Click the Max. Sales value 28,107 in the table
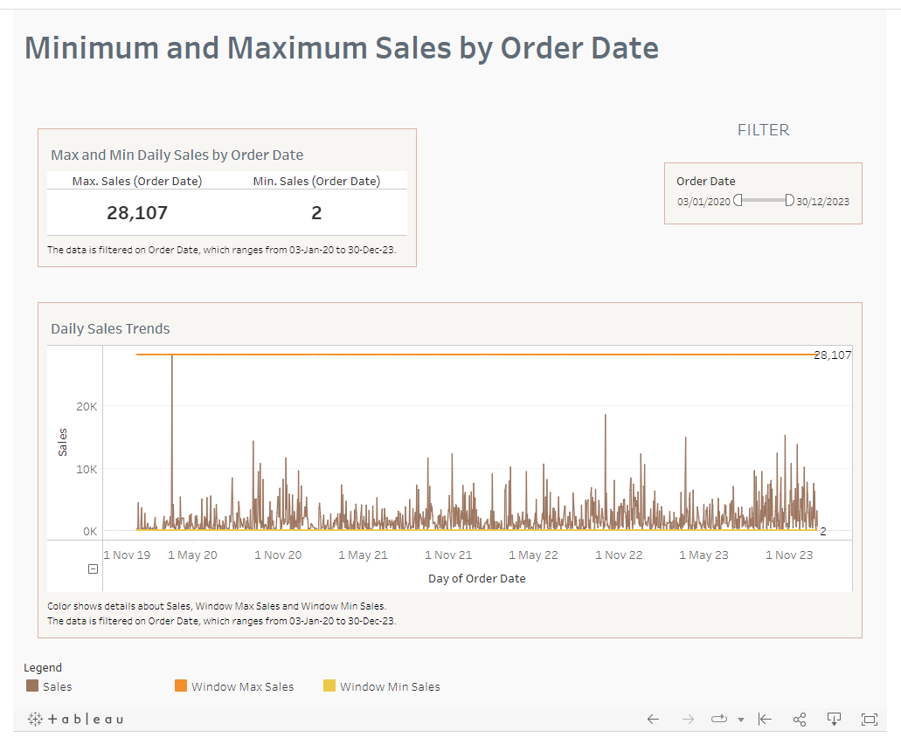click(x=137, y=213)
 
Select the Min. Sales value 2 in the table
click(x=316, y=213)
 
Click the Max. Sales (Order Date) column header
click(x=137, y=182)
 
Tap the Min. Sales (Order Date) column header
click(x=316, y=182)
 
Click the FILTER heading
click(x=763, y=130)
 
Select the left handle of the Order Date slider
click(x=738, y=201)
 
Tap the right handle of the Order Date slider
click(x=789, y=201)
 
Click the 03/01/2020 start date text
click(x=703, y=202)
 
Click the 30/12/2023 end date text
click(x=822, y=202)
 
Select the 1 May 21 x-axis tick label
click(x=363, y=555)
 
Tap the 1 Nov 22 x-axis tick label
click(x=619, y=555)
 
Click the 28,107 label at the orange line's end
click(x=832, y=355)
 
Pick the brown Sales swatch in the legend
click(x=33, y=686)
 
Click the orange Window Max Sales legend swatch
click(x=182, y=686)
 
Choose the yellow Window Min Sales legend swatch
click(x=329, y=686)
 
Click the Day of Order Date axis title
click(x=476, y=578)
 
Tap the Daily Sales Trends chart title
click(x=110, y=329)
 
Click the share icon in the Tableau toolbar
click(x=799, y=720)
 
